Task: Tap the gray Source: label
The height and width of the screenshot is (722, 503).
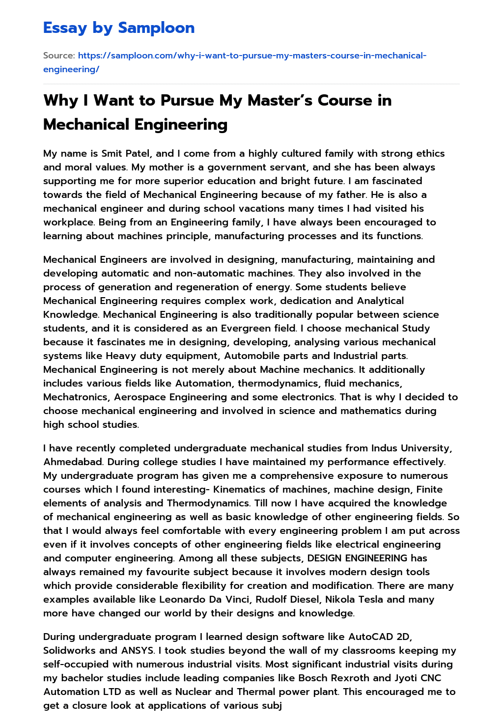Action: click(59, 56)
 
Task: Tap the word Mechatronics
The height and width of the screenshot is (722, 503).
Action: click(76, 397)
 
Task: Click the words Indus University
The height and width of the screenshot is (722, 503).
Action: click(411, 448)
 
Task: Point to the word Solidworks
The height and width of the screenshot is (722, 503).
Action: click(69, 650)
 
